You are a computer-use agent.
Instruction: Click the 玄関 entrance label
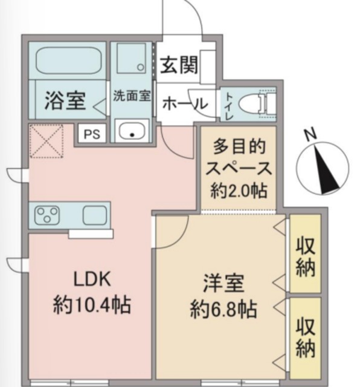click(x=179, y=65)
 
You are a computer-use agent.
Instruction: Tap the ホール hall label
click(x=185, y=103)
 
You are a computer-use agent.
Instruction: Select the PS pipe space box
click(x=92, y=134)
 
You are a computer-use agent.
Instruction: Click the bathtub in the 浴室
click(x=68, y=60)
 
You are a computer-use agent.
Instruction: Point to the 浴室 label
click(x=65, y=100)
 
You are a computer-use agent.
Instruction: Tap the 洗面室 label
click(x=132, y=96)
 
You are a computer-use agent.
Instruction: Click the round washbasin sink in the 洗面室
click(x=132, y=131)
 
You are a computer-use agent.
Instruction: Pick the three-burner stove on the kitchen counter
click(x=47, y=215)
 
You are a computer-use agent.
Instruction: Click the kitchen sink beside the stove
click(x=95, y=215)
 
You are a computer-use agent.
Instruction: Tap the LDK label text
click(x=92, y=279)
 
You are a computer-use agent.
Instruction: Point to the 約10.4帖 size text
click(x=92, y=305)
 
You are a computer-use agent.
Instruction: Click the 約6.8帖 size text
click(x=223, y=308)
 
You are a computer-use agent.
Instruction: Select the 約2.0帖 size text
click(x=239, y=190)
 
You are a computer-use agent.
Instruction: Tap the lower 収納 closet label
click(x=306, y=337)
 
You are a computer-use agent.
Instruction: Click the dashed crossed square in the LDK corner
click(x=47, y=141)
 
